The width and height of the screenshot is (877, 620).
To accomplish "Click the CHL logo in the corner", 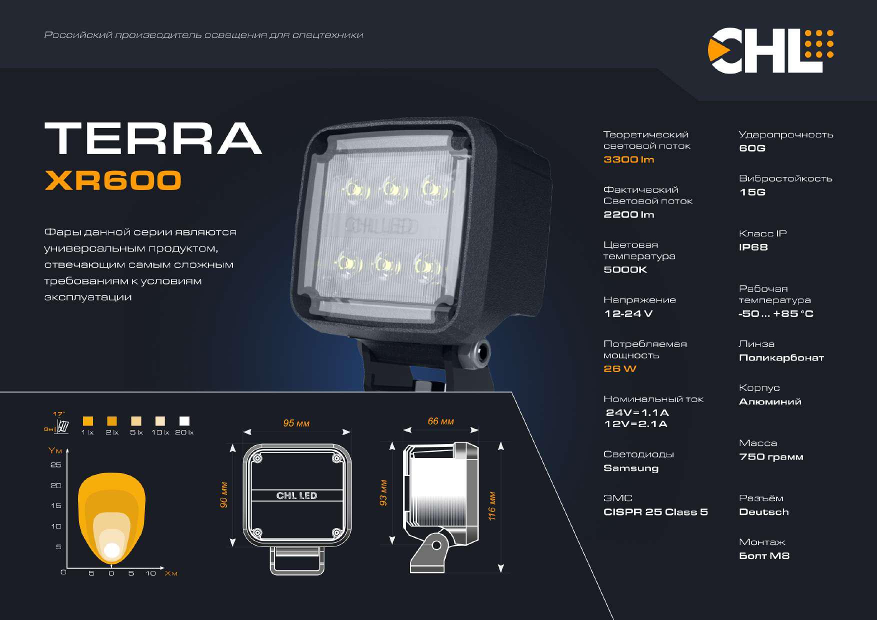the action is coord(770,50).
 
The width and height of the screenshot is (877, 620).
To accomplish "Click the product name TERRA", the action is coord(153,138).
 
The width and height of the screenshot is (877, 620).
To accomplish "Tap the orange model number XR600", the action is coord(113,180).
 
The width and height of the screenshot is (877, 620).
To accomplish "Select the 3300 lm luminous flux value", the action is coord(628,159).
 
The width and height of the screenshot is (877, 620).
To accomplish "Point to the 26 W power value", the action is coord(619,368).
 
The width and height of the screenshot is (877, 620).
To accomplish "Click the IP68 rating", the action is coord(753,247).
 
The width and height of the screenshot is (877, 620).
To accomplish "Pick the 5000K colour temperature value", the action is coord(625,269).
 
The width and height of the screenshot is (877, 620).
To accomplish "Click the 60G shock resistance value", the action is coord(752,148).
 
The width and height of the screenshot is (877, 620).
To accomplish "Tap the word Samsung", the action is coord(631,468).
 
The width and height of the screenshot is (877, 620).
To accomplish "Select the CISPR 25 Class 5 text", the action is coord(655,512).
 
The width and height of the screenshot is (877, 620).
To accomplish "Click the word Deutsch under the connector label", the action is coord(763,512).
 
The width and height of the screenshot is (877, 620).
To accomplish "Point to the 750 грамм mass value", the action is coord(771,456).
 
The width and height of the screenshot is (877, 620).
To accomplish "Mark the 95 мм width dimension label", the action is coord(296,423).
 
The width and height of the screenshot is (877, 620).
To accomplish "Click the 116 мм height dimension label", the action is coord(492,506).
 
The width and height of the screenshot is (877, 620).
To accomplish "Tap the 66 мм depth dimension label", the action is coord(440,421).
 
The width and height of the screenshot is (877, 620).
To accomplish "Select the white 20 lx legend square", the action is coord(184,421).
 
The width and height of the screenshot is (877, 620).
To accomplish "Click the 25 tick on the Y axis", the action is coord(56,465).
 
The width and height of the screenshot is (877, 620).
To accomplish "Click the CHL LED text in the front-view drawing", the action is coord(296,495).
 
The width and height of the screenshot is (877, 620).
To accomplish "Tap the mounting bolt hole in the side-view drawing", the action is coord(436,545).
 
